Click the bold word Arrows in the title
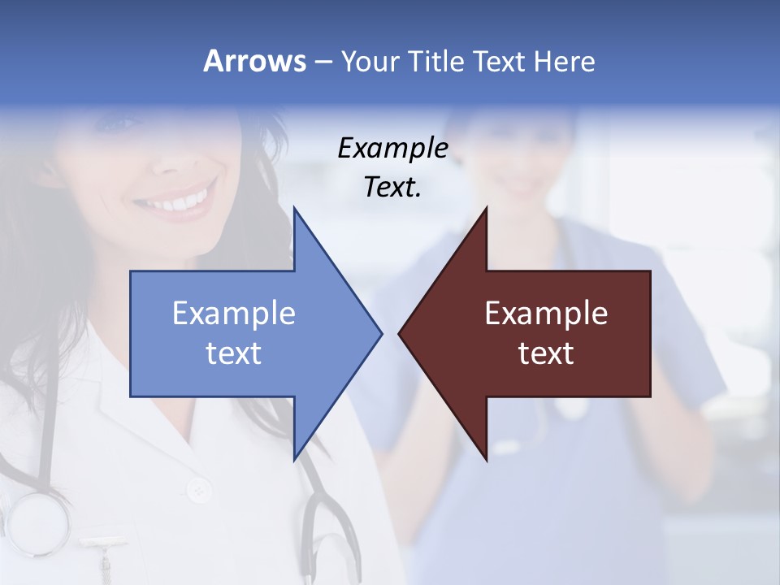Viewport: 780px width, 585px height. pyautogui.click(x=254, y=61)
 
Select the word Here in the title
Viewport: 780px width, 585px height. pyautogui.click(x=565, y=61)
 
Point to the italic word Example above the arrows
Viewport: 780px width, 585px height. pyautogui.click(x=392, y=148)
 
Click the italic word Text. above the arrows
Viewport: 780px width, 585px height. pyautogui.click(x=392, y=188)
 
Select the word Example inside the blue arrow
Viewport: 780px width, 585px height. pyautogui.click(x=234, y=313)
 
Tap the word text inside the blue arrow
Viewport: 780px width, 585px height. pyautogui.click(x=234, y=353)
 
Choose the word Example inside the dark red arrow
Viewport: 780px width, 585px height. pyautogui.click(x=546, y=313)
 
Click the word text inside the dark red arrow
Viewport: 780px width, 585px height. pyautogui.click(x=546, y=353)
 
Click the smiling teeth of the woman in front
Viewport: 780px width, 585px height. pyautogui.click(x=183, y=200)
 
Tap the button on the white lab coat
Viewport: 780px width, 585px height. pyautogui.click(x=197, y=490)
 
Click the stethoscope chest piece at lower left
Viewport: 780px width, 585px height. pyautogui.click(x=37, y=520)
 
